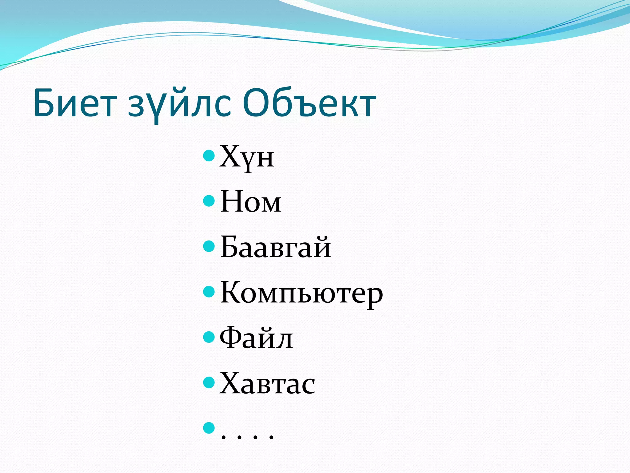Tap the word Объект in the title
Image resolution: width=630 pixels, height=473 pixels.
pos(309,103)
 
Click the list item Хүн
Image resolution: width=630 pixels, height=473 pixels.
pos(246,157)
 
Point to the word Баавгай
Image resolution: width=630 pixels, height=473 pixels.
pos(276,248)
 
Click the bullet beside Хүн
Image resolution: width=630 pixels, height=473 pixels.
pos(209,156)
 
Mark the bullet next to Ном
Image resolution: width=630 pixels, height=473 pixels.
pos(209,201)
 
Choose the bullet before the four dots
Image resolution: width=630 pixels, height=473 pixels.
pos(209,427)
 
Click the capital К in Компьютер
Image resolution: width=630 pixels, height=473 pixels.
pos(231,292)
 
